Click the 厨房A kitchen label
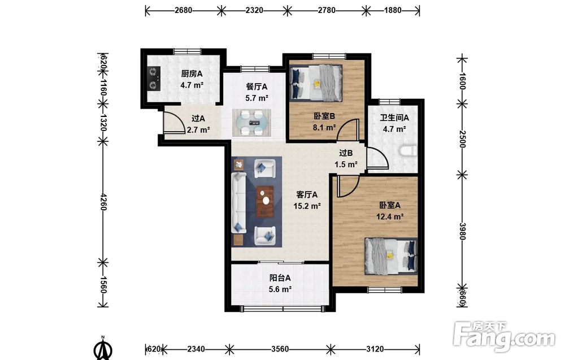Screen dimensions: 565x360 click(x=192, y=74)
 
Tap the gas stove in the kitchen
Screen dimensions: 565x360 click(x=154, y=78)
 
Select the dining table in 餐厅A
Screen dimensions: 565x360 click(x=252, y=123)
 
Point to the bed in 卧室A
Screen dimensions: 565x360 click(x=391, y=256)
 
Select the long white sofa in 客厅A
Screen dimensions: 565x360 click(x=238, y=202)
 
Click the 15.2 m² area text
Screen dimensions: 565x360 click(x=307, y=206)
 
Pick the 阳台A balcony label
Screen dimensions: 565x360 click(x=280, y=278)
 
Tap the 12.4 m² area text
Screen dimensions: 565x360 click(x=390, y=216)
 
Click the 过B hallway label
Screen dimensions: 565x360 click(x=346, y=153)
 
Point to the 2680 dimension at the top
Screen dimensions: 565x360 click(x=184, y=10)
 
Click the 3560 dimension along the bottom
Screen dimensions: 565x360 click(x=280, y=349)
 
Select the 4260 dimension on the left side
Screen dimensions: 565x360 click(x=103, y=202)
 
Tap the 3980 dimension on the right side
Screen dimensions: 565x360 click(x=462, y=231)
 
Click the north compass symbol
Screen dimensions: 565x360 click(x=103, y=348)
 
